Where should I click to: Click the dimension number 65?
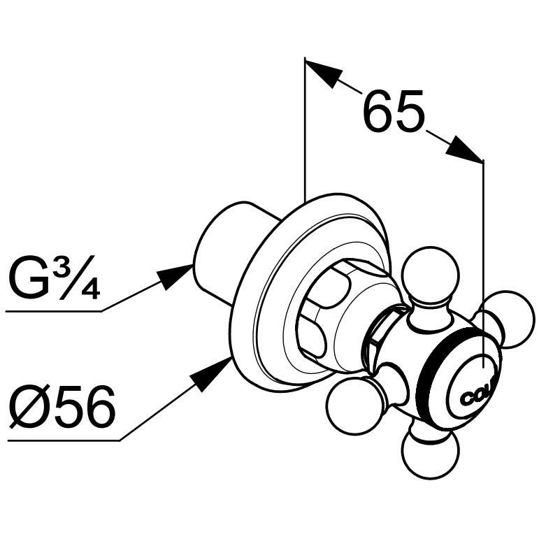tap(393, 112)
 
